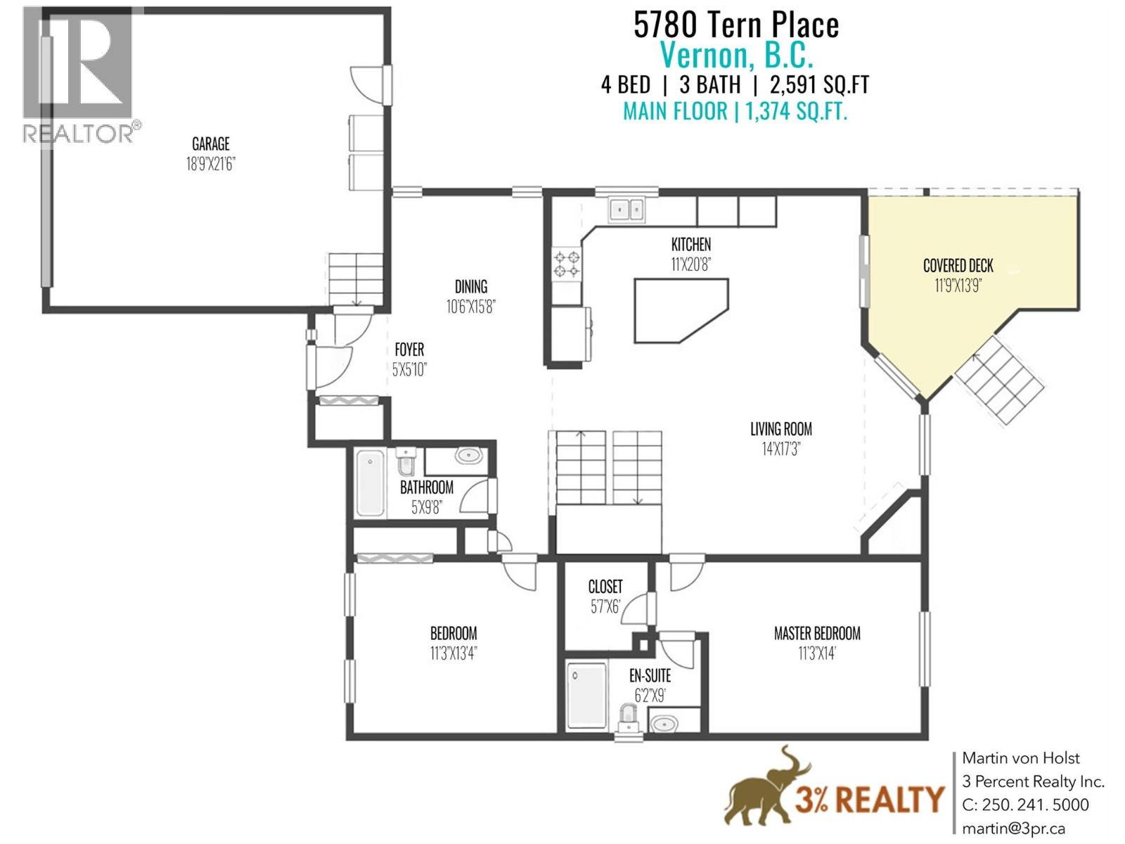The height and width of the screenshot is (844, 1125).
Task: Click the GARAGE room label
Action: pos(210,144)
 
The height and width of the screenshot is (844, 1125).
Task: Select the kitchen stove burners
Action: pos(567,264)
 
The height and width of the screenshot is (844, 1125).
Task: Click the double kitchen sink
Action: pos(626,209)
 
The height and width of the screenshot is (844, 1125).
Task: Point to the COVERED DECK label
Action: pos(958,266)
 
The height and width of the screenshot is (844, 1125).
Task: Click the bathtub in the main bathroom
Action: pos(370,483)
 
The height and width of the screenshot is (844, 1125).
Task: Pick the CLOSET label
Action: pos(605,587)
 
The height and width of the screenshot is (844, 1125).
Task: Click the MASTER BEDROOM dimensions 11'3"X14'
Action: pos(816,653)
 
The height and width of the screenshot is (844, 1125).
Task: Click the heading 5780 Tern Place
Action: pos(735,25)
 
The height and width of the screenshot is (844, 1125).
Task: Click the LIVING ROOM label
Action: pos(780,429)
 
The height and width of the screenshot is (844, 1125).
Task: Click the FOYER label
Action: pos(409,350)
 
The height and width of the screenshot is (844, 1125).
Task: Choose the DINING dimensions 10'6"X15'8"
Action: pos(470,307)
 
